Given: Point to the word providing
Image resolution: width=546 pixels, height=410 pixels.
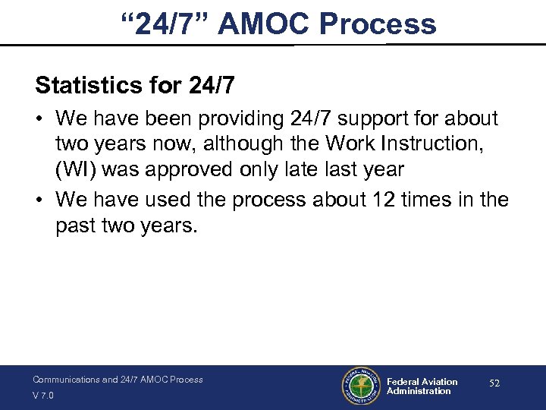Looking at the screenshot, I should tap(244, 119).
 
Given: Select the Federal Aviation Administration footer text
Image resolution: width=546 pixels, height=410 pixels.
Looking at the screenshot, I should tap(422, 386).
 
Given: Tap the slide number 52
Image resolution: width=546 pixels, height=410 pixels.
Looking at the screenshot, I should tap(494, 384).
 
